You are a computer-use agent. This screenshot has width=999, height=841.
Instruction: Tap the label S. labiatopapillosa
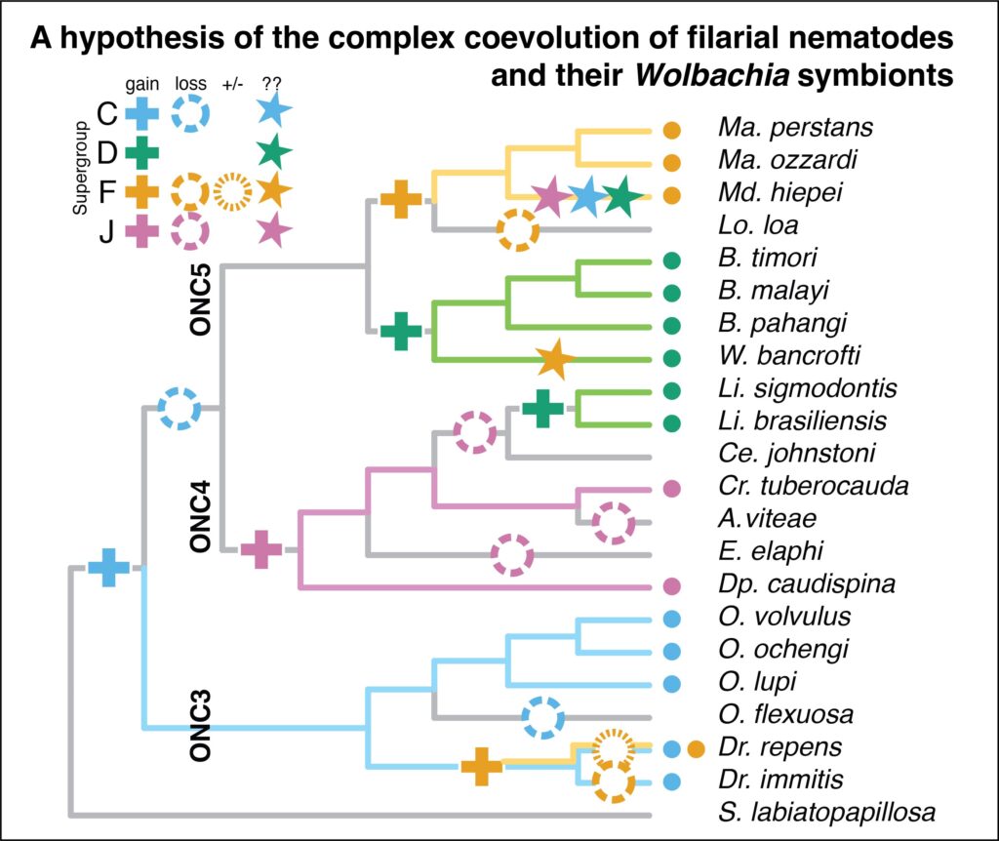click(826, 812)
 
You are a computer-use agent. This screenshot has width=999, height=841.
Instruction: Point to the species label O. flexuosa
click(784, 715)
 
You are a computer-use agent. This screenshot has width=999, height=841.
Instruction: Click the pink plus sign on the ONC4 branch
click(261, 550)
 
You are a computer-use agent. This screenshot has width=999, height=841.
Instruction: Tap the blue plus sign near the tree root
click(109, 567)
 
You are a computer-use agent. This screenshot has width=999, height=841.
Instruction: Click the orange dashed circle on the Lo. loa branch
click(517, 230)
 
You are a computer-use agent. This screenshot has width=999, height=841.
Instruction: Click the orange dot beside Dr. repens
click(696, 749)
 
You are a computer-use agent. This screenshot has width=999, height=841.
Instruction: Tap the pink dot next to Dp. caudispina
click(671, 586)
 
